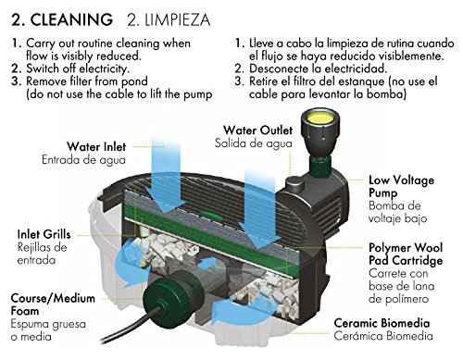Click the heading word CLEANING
(x=71, y=19)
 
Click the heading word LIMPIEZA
(x=178, y=19)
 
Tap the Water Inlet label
(x=96, y=146)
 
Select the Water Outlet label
(x=257, y=130)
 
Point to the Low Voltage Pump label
(x=402, y=187)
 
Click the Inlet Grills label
(x=44, y=234)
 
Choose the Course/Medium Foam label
(x=53, y=304)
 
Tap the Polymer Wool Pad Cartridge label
(x=406, y=254)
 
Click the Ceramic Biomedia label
(x=382, y=323)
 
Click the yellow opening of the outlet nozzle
(x=319, y=118)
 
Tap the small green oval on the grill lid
(x=211, y=215)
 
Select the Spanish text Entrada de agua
(x=83, y=160)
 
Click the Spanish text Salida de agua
(x=254, y=143)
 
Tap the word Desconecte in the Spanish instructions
(x=276, y=68)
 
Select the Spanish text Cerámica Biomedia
(x=383, y=336)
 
